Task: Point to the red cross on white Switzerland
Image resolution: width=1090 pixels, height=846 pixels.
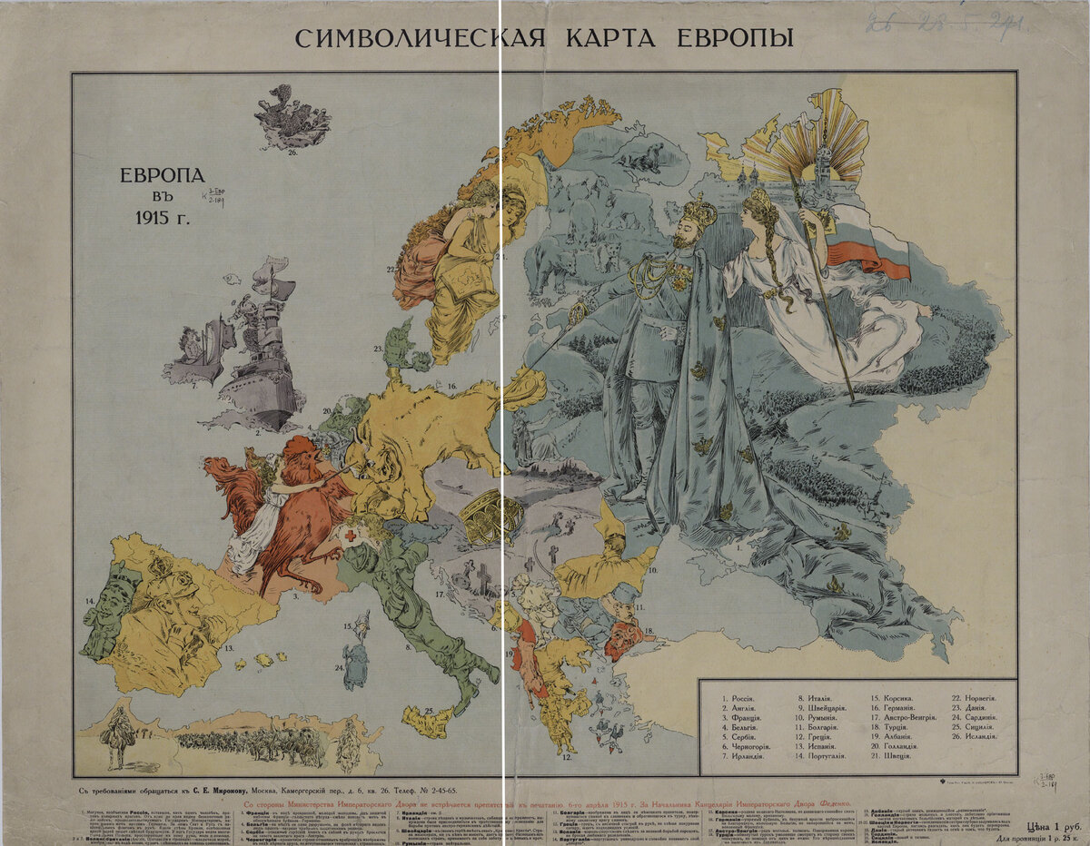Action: tap(349, 536)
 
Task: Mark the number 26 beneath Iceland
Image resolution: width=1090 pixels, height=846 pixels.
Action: tap(292, 152)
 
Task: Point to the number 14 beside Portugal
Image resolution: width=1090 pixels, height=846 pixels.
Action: tap(90, 601)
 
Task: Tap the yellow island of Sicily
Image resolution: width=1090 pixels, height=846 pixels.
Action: tap(427, 722)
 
